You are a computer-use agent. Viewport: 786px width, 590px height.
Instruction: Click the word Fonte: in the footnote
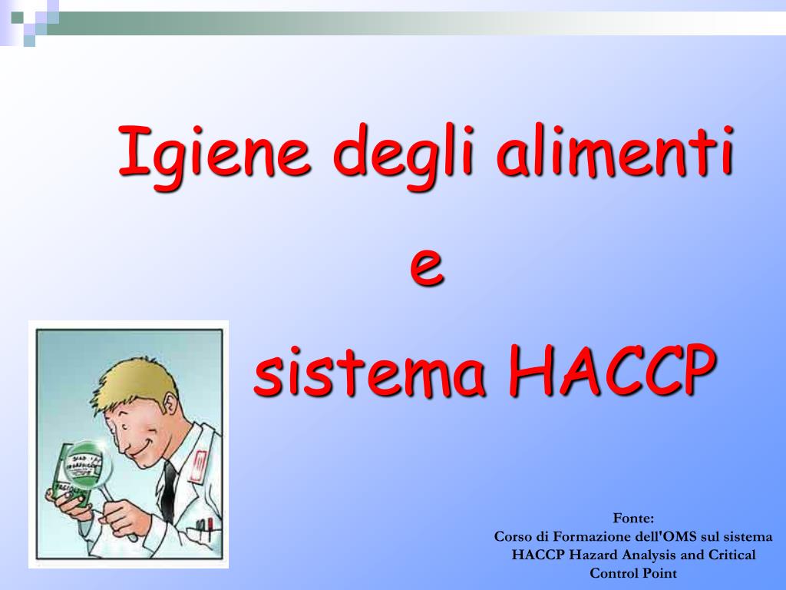coord(633,519)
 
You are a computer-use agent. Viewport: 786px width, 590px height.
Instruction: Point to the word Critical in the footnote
coord(730,555)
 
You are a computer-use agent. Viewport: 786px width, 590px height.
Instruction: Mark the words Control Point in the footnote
coord(633,572)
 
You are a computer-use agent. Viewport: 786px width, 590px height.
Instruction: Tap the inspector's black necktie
coord(169,492)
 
